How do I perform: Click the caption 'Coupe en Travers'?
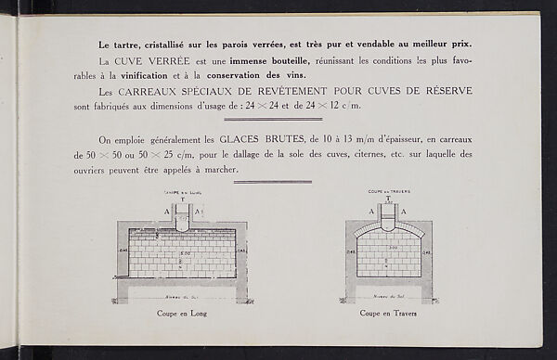(388, 314)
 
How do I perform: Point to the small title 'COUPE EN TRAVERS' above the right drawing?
(387, 193)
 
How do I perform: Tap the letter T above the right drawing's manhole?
(387, 199)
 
